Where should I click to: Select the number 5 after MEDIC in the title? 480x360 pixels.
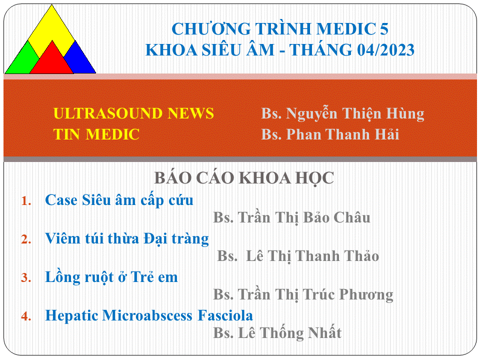pyautogui.click(x=384, y=29)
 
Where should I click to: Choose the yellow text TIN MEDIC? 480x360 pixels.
pyautogui.click(x=96, y=134)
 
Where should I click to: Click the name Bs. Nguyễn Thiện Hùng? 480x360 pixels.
pyautogui.click(x=343, y=114)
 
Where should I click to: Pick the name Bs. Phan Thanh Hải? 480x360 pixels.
pyautogui.click(x=330, y=134)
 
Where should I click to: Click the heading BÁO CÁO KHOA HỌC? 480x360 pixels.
pyautogui.click(x=244, y=178)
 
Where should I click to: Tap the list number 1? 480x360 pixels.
pyautogui.click(x=26, y=201)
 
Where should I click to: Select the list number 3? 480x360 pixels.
pyautogui.click(x=26, y=277)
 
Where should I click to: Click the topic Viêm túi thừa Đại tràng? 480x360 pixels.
pyautogui.click(x=127, y=239)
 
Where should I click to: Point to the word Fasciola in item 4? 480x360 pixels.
pyautogui.click(x=225, y=315)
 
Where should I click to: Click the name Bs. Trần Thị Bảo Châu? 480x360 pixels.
pyautogui.click(x=291, y=217)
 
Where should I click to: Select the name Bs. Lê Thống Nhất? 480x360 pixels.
pyautogui.click(x=277, y=333)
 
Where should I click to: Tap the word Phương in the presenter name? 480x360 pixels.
pyautogui.click(x=366, y=295)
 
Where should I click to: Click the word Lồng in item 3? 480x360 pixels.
pyautogui.click(x=63, y=277)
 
